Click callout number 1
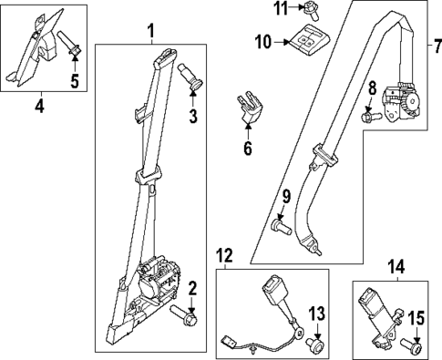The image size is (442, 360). pyautogui.click(x=151, y=34)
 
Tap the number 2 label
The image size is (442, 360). pyautogui.click(x=192, y=289)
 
